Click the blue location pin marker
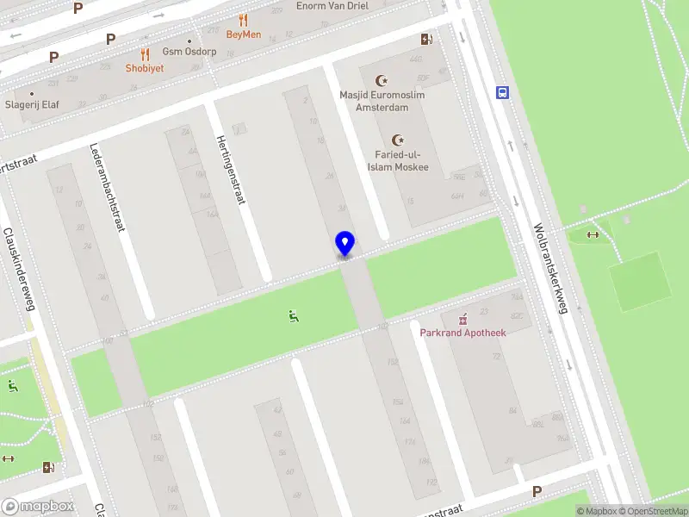click(x=344, y=244)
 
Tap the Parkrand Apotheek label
click(x=462, y=333)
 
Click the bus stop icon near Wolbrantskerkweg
click(x=500, y=93)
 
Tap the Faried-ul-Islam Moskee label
click(x=398, y=161)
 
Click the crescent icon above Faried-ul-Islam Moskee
click(x=398, y=140)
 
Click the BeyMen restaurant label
click(x=243, y=34)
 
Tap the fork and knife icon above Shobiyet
click(x=145, y=53)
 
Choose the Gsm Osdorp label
click(x=189, y=52)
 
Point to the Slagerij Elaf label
click(x=31, y=104)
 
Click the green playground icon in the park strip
click(x=295, y=316)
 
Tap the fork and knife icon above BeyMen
click(x=244, y=20)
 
